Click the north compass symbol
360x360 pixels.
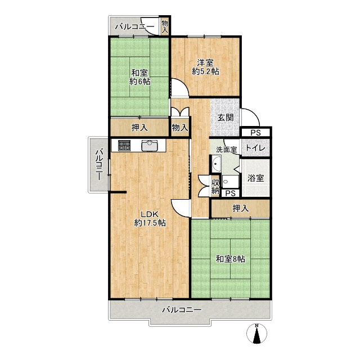point(256,334)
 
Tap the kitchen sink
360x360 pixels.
point(150,145)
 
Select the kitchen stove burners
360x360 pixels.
point(124,145)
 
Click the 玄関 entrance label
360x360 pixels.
point(226,118)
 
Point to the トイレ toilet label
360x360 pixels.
point(255,147)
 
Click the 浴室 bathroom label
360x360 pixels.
point(255,178)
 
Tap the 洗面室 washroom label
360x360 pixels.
point(226,150)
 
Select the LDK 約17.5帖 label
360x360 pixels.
point(150,219)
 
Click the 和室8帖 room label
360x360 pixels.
point(230,259)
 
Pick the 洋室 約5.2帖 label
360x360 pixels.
point(205,67)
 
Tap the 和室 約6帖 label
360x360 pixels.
point(139,77)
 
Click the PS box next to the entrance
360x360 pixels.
point(255,133)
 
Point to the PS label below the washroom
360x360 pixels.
point(231,193)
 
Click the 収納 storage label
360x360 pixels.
point(215,187)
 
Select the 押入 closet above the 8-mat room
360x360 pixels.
point(240,209)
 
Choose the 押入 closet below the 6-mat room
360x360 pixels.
point(139,128)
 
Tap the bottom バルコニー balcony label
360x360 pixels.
point(182,310)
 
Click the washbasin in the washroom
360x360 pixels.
point(216,164)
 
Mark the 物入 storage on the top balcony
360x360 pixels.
point(165,27)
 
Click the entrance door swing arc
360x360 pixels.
point(254,114)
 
